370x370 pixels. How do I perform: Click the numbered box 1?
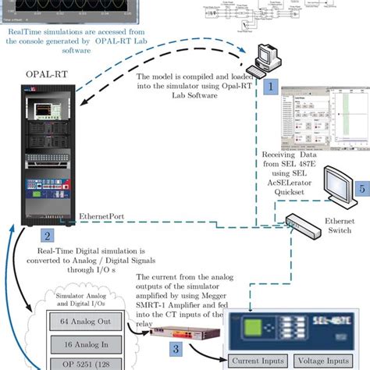coord(269,87)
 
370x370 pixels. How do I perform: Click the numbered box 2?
coord(48,233)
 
